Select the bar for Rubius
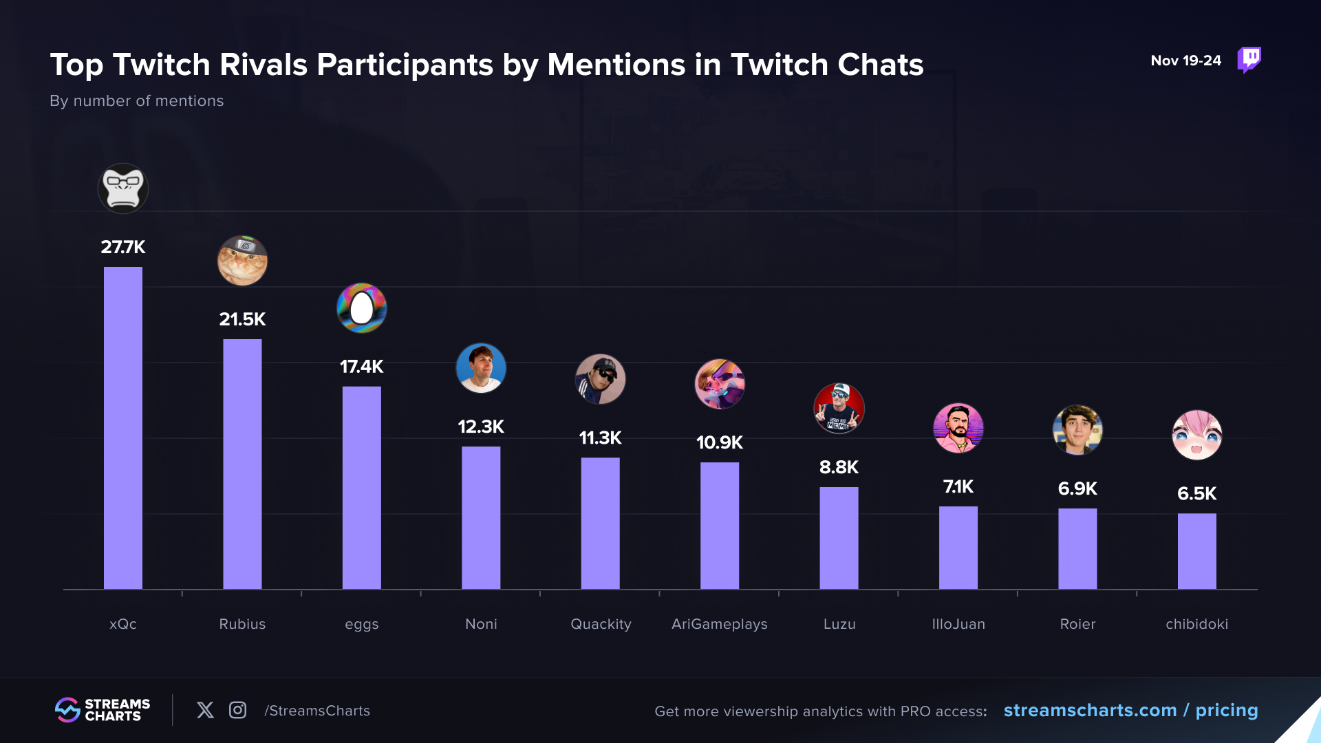[x=242, y=464]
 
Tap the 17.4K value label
[x=361, y=367]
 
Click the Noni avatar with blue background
[x=481, y=368]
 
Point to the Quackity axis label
[x=601, y=624]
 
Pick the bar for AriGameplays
[x=720, y=526]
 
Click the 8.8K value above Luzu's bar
[x=839, y=468]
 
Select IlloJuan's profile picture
[x=958, y=428]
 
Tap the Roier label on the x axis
[x=1077, y=624]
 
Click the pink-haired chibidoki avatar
[x=1197, y=435]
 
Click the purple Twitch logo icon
[x=1249, y=60]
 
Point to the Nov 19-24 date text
[x=1185, y=61]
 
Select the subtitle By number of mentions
[x=137, y=101]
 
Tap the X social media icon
[x=205, y=710]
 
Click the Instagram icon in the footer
[x=237, y=710]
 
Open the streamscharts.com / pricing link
[x=1130, y=710]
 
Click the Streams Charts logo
[x=103, y=710]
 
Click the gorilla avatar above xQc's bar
[x=123, y=189]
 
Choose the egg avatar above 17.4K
[x=361, y=308]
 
